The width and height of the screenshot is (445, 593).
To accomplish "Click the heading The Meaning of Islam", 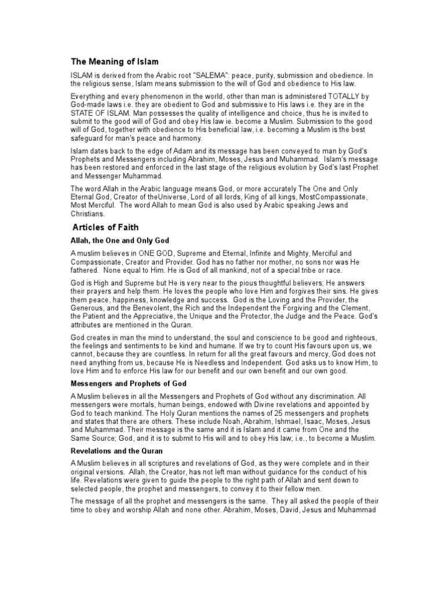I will tap(115, 61).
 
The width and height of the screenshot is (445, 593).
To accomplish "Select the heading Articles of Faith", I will tap(105, 228).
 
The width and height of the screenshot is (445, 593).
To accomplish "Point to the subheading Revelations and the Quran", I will tap(116, 450).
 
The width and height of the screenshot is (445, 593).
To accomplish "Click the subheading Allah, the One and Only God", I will tap(120, 240).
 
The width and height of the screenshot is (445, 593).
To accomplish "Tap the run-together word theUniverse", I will tap(164, 197).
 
